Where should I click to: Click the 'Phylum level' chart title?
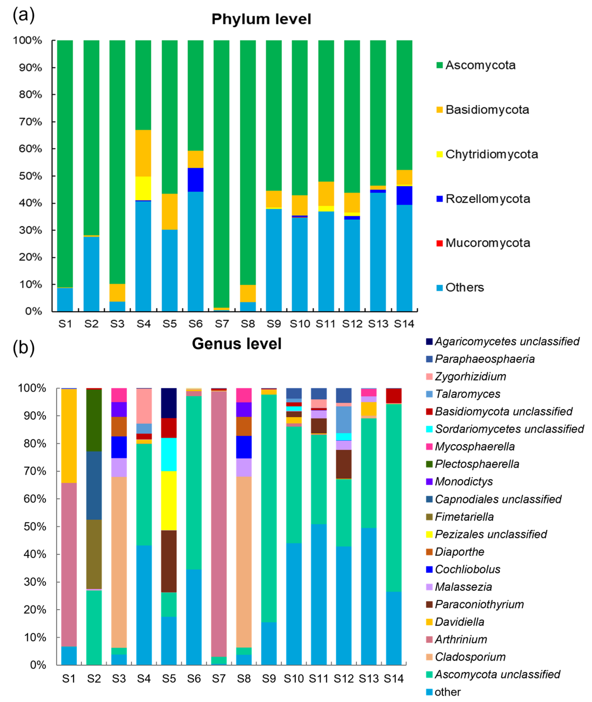(x=261, y=19)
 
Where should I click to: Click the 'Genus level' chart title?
(x=237, y=344)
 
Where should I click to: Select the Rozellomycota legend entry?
(x=483, y=199)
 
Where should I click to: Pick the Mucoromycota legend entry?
(x=483, y=243)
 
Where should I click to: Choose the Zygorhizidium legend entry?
(x=466, y=376)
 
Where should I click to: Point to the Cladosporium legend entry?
(x=466, y=657)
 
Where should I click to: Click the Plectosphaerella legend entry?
(x=473, y=464)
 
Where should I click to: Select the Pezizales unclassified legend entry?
(x=487, y=534)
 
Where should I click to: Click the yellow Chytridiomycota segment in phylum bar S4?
(x=143, y=188)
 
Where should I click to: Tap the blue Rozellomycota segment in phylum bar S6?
(x=195, y=180)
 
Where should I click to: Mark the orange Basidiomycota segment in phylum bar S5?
(x=169, y=211)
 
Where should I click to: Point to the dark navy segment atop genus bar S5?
(x=169, y=403)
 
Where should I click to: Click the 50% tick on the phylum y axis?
(x=31, y=176)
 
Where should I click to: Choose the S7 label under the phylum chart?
(x=221, y=324)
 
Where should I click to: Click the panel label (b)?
(x=23, y=348)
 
